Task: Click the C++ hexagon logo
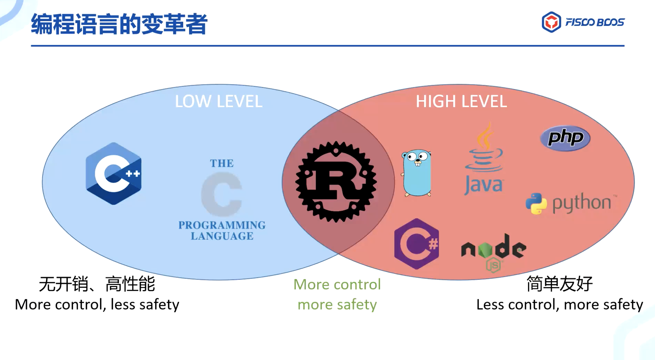[114, 174]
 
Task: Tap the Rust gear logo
[336, 182]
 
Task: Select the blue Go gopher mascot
[417, 173]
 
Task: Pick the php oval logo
[565, 138]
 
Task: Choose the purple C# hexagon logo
[417, 244]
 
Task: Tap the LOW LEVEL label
[219, 101]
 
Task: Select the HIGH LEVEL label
[461, 101]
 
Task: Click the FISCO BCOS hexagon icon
[551, 22]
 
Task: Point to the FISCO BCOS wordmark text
[595, 22]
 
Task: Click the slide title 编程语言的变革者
[119, 24]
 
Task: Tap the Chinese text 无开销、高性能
[97, 284]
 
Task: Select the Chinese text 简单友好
[559, 284]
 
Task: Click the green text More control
[337, 284]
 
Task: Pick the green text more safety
[337, 304]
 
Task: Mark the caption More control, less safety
[97, 304]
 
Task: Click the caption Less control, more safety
[559, 304]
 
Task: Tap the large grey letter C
[222, 194]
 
